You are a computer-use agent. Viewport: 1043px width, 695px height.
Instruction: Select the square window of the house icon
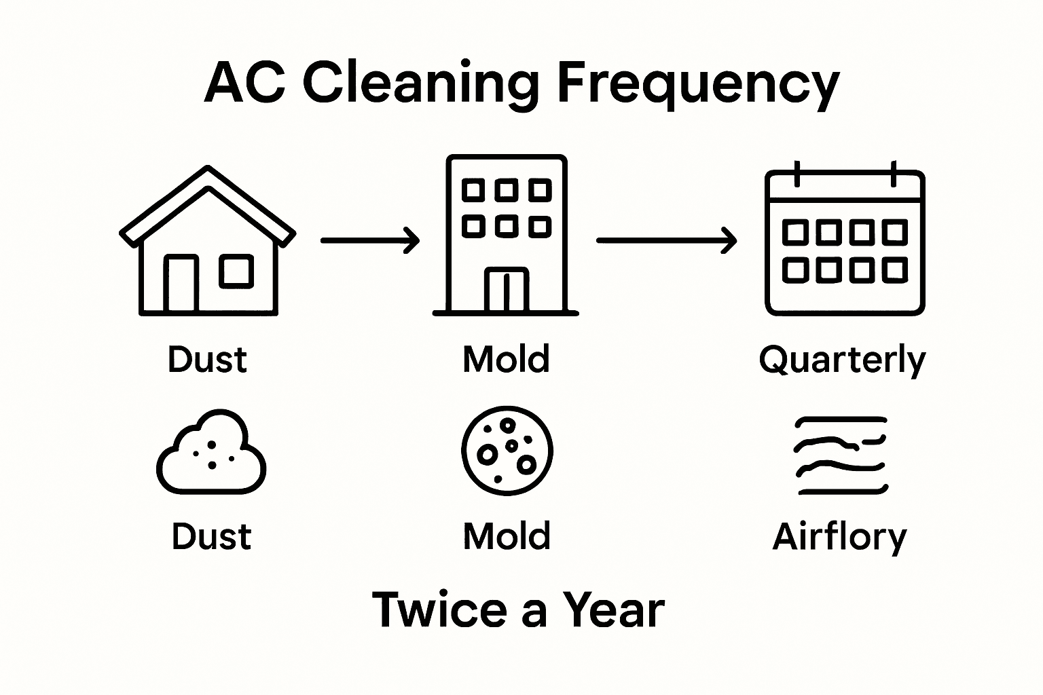coord(236,271)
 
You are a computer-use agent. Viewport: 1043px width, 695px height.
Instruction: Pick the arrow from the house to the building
coord(369,240)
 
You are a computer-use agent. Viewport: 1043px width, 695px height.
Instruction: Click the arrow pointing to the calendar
coord(666,240)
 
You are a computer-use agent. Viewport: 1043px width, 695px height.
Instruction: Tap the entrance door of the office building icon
coord(506,290)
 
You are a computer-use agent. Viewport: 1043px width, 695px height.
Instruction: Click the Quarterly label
coord(842,360)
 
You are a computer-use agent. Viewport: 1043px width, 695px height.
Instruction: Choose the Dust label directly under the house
coord(207,359)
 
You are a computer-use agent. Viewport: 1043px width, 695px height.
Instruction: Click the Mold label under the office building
coord(506,359)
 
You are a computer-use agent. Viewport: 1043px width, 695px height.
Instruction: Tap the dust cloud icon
coord(211,453)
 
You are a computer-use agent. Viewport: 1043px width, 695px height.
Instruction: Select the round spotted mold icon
coord(507,451)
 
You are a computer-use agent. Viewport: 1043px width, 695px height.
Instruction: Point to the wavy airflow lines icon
coord(841,455)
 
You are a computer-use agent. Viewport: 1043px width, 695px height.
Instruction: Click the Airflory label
coord(839,537)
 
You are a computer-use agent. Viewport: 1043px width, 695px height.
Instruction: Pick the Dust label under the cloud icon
coord(211,537)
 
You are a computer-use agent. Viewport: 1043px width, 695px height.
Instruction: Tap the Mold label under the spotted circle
coord(507,537)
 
